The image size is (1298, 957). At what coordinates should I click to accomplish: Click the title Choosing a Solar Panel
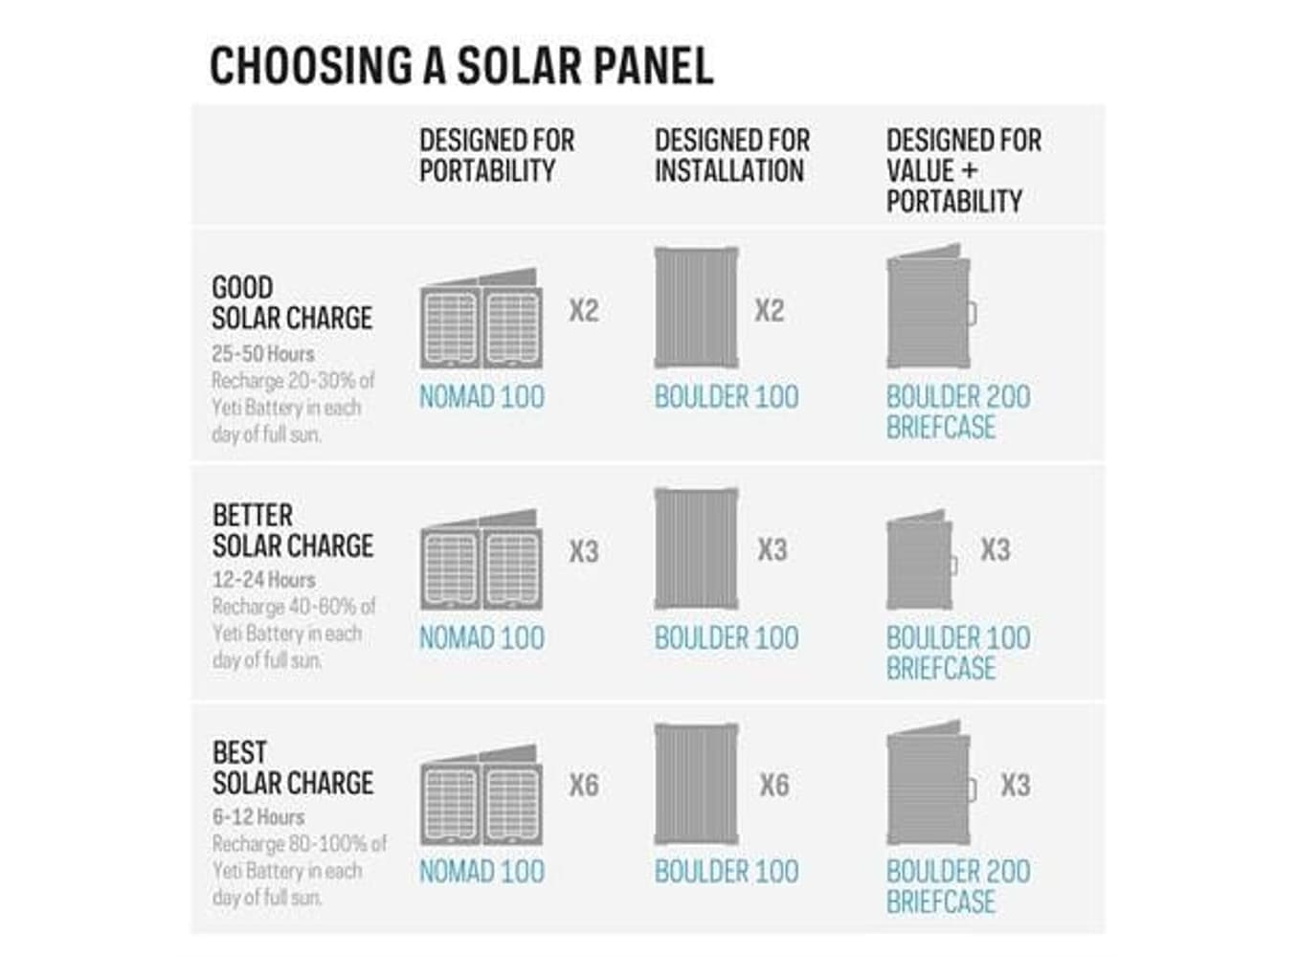tap(461, 66)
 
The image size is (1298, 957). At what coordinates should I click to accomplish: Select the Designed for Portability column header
tap(497, 155)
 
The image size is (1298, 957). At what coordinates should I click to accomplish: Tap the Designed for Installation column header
tap(732, 155)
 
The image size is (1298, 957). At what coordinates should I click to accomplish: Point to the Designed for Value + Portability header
tap(963, 170)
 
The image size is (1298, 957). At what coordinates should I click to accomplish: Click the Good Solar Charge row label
tap(292, 302)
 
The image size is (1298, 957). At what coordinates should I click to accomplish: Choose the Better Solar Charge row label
tap(292, 530)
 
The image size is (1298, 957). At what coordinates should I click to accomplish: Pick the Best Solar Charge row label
tap(292, 768)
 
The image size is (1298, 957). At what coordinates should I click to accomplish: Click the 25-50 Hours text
tap(263, 353)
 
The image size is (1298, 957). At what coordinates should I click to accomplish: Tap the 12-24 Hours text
tap(263, 580)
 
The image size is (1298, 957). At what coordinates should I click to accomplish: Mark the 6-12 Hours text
tap(258, 817)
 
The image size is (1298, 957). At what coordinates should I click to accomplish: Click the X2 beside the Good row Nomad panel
tap(584, 310)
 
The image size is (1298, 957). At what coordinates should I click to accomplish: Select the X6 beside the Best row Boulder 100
tap(773, 786)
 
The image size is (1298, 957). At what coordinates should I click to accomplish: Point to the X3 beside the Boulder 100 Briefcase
tap(996, 549)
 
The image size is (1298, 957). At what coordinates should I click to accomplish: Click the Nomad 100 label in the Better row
tap(481, 638)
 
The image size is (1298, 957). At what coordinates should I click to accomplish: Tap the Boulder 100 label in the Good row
tap(727, 397)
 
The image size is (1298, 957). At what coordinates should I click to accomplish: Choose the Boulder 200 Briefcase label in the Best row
tap(957, 886)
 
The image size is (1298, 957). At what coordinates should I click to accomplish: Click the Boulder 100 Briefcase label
tap(957, 653)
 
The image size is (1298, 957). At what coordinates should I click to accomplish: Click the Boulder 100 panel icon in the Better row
tap(696, 548)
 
